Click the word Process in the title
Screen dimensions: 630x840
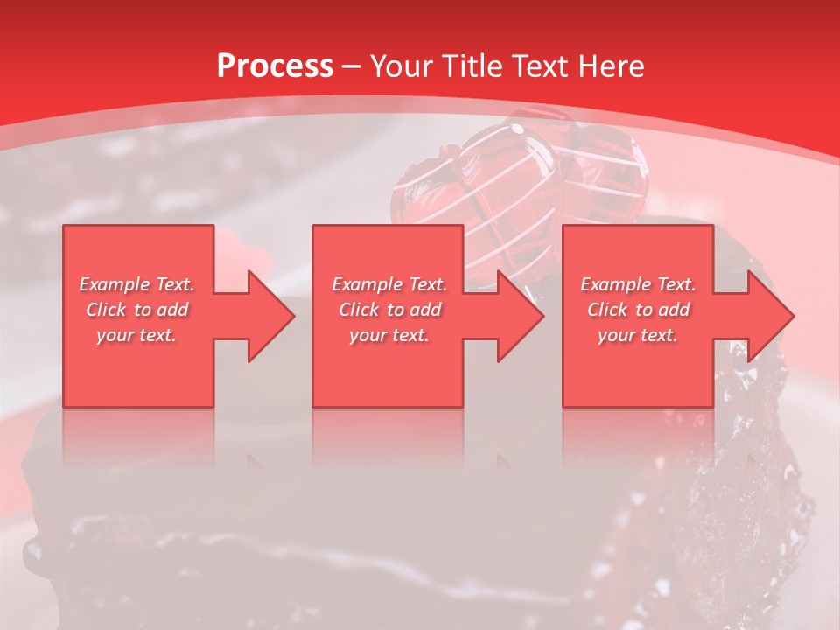(275, 66)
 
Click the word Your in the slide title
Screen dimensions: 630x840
(402, 66)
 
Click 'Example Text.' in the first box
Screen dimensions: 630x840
(136, 284)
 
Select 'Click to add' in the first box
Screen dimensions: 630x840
(136, 310)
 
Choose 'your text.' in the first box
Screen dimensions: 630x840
(136, 335)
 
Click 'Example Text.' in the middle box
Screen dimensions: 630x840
(389, 284)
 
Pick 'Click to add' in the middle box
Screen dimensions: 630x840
(389, 310)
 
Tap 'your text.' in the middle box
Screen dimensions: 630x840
(389, 335)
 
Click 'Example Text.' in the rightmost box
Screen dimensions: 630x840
(638, 284)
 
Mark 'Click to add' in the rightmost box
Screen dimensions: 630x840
(638, 310)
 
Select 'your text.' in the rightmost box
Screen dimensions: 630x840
(638, 335)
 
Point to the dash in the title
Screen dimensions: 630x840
(351, 66)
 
